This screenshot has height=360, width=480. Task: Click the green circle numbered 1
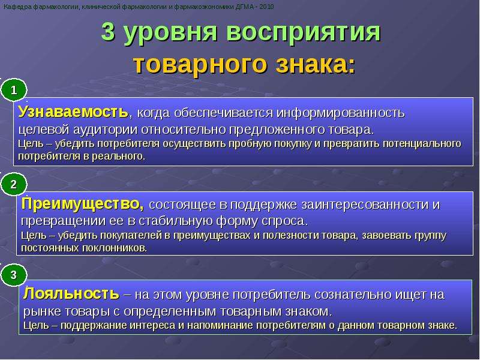[x=14, y=90]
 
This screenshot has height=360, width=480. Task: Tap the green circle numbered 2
[x=14, y=184]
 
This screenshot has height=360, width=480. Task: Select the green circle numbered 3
[x=14, y=275]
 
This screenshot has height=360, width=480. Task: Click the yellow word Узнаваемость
[x=73, y=112]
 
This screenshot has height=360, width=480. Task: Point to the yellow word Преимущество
[x=82, y=204]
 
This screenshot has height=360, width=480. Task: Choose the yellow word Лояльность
[x=71, y=293]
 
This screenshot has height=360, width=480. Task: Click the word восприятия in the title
[x=304, y=32]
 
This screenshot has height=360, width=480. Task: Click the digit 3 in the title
[x=108, y=32]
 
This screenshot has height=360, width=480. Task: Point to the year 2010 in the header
[x=266, y=7]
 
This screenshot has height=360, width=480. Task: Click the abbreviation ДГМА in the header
[x=244, y=7]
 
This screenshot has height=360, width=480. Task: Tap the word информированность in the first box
[x=341, y=113]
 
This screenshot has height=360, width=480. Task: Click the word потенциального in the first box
[x=416, y=143]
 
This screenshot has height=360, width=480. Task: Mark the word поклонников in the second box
[x=115, y=248]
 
